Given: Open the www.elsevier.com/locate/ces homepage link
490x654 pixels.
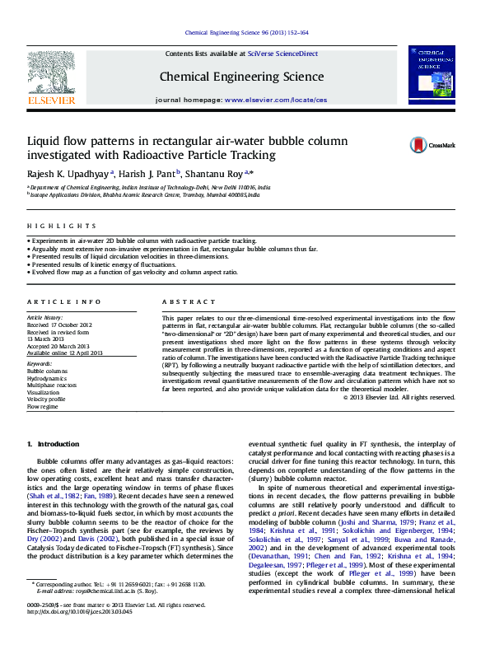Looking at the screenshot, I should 275,100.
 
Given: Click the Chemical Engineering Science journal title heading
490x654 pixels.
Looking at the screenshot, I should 241,77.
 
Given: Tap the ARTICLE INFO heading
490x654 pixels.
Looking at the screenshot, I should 64,302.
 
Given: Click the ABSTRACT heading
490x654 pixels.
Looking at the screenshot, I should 182,302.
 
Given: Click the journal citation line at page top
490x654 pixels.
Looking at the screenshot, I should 247,33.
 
